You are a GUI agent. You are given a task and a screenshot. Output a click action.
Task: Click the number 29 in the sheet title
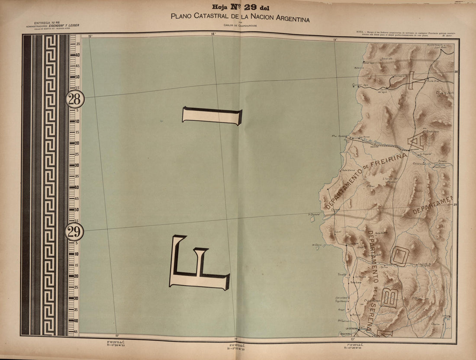251,7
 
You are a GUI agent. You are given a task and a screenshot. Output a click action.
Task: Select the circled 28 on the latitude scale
74,100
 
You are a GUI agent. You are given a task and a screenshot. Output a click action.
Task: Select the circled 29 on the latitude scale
74,232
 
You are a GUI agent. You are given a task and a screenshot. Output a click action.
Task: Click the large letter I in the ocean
212,116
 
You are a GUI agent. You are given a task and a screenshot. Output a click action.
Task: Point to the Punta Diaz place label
433,80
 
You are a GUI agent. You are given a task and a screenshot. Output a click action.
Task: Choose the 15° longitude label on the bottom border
117,336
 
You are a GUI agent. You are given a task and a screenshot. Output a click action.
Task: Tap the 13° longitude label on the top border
335,39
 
